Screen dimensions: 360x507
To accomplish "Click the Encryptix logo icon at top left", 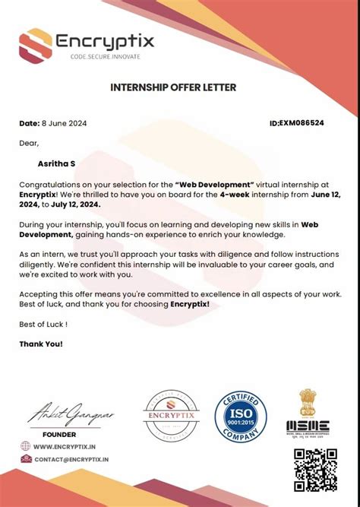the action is pos(36,44).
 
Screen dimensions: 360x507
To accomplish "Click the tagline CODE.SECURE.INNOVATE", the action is pos(106,57).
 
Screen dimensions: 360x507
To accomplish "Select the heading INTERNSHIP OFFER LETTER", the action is pos(173,87).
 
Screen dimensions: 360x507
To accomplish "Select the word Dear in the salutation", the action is pos(28,142).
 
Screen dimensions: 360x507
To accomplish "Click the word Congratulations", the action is pos(53,184).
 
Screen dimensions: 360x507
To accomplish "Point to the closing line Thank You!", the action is pos(41,344).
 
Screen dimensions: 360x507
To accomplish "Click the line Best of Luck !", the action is pos(43,324).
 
